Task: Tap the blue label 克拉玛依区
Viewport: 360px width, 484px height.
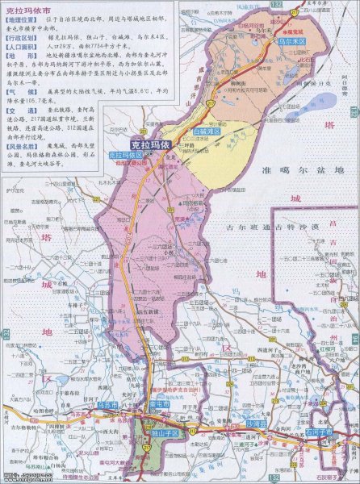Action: (125, 153)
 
